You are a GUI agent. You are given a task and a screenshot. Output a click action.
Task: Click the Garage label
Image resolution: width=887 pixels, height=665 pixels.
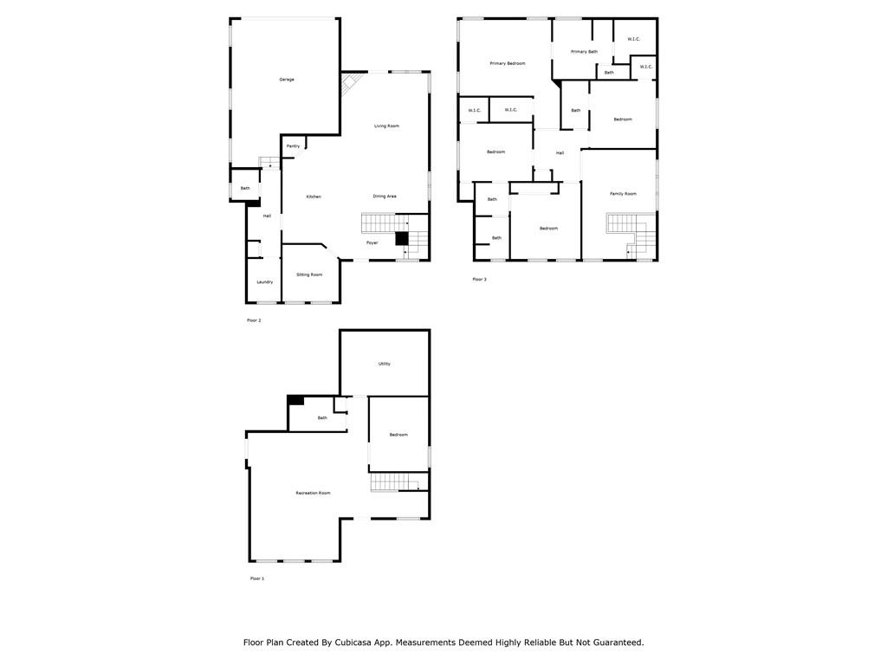tap(287, 80)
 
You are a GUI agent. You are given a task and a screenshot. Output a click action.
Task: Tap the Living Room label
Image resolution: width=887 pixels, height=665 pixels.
tap(386, 126)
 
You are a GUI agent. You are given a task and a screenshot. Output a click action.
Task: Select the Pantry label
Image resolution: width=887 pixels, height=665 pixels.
tap(293, 146)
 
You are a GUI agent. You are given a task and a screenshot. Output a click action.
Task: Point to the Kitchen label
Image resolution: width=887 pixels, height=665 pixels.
tap(314, 197)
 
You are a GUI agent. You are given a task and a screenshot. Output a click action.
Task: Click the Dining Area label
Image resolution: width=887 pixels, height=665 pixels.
tap(385, 197)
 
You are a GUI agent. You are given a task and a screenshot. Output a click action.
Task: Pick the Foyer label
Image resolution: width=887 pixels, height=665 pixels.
tap(372, 243)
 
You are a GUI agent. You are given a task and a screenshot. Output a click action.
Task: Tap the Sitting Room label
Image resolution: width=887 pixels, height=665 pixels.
tap(309, 274)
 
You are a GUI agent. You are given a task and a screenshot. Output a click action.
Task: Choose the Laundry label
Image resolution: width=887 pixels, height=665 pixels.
tap(265, 282)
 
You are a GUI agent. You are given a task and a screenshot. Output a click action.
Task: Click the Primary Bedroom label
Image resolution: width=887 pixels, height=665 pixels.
tap(508, 63)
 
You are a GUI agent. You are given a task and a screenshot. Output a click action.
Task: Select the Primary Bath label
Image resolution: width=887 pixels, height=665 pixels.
tap(584, 52)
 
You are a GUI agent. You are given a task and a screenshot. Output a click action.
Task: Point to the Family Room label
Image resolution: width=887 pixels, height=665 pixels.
tap(623, 194)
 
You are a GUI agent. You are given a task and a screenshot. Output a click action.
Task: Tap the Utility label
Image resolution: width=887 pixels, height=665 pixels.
tap(384, 364)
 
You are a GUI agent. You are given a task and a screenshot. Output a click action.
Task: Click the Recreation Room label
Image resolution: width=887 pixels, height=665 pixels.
tap(313, 494)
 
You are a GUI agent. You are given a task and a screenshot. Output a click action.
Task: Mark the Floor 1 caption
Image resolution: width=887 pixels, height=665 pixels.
tap(257, 578)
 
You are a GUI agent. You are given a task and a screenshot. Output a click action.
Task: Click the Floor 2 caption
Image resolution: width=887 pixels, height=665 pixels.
tap(254, 320)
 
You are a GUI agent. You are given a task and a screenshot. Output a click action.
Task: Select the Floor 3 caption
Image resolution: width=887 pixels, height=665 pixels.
tap(479, 280)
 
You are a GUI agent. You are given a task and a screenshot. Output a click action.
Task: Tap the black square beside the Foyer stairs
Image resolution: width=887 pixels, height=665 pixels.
tap(401, 238)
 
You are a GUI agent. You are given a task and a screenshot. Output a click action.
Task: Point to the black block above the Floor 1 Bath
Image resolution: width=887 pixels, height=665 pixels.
tap(295, 399)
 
